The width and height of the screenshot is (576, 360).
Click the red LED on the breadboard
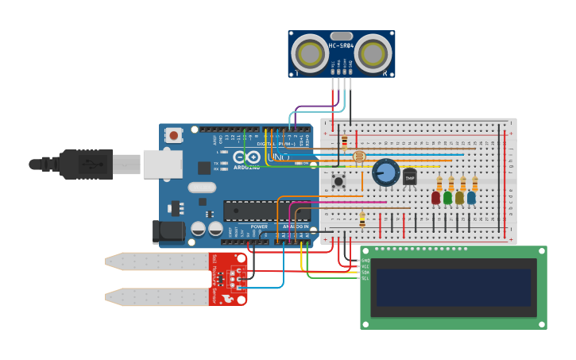click(435, 197)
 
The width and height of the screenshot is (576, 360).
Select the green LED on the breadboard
click(447, 197)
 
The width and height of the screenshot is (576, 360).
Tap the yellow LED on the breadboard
click(459, 197)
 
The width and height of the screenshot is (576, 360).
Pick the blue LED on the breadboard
click(471, 197)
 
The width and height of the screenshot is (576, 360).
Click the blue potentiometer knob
click(385, 172)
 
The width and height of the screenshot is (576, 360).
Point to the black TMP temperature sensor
click(410, 177)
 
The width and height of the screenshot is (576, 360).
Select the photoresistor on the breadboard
click(358, 156)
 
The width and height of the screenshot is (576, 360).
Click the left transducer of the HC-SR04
click(307, 53)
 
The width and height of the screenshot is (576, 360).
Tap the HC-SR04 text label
click(341, 45)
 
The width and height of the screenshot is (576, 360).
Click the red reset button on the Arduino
click(173, 135)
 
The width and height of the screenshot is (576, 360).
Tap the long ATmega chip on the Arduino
click(265, 211)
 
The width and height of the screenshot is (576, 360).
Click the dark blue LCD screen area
click(454, 287)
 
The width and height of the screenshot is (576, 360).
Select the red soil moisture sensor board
click(229, 279)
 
